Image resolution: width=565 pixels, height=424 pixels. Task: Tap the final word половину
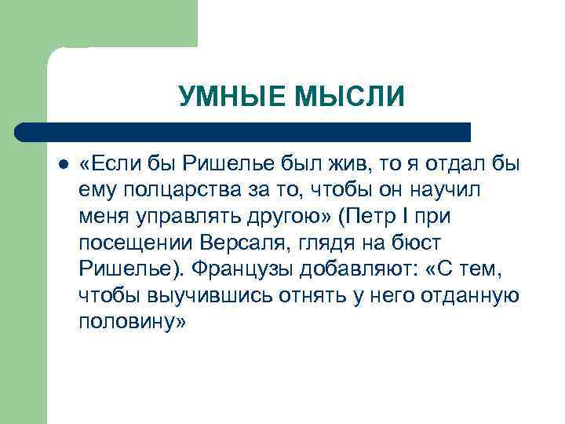(x=131, y=323)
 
